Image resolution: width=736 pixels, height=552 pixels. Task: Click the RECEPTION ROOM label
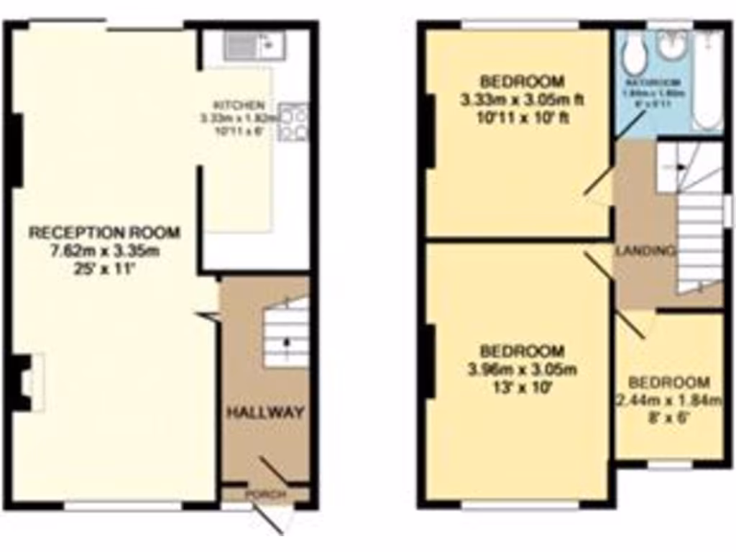[x=104, y=233]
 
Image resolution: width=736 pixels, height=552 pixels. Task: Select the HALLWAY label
[x=266, y=413]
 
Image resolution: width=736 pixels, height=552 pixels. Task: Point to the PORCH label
[x=266, y=495]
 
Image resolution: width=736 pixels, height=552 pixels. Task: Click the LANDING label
[x=645, y=252]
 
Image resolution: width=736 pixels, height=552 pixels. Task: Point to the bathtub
[x=708, y=79]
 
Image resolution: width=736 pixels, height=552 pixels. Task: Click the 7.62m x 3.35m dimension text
[x=104, y=251]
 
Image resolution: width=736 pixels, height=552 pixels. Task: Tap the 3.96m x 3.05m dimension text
[x=521, y=371]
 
